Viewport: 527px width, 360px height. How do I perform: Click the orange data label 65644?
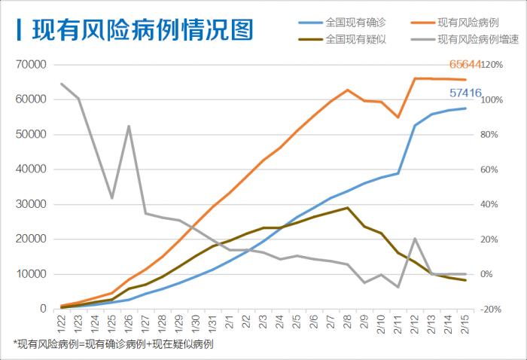click(465, 64)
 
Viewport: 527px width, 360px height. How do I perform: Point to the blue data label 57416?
click(465, 93)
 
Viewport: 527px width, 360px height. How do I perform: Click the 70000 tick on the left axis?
click(31, 65)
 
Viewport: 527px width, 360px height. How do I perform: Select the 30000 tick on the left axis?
click(31, 204)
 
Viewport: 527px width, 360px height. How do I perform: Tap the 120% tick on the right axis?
click(491, 65)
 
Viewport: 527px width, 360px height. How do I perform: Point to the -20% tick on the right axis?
click(491, 309)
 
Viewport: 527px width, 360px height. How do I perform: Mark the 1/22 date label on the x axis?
click(62, 325)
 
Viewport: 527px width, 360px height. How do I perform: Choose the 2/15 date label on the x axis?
click(464, 325)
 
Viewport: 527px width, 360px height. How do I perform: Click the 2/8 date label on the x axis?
click(347, 325)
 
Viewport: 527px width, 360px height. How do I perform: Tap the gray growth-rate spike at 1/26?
click(129, 126)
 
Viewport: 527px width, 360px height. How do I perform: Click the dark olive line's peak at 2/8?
click(347, 208)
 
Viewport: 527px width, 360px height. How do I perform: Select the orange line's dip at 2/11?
click(398, 117)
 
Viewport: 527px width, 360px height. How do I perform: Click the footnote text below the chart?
click(113, 343)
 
